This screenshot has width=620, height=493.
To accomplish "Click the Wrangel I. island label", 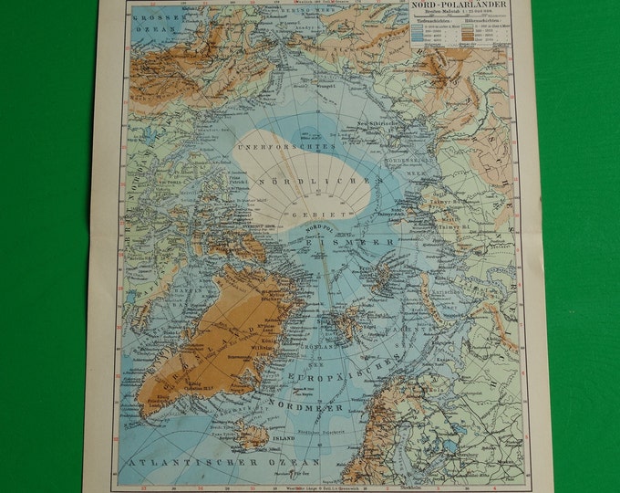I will tap(304, 85).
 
